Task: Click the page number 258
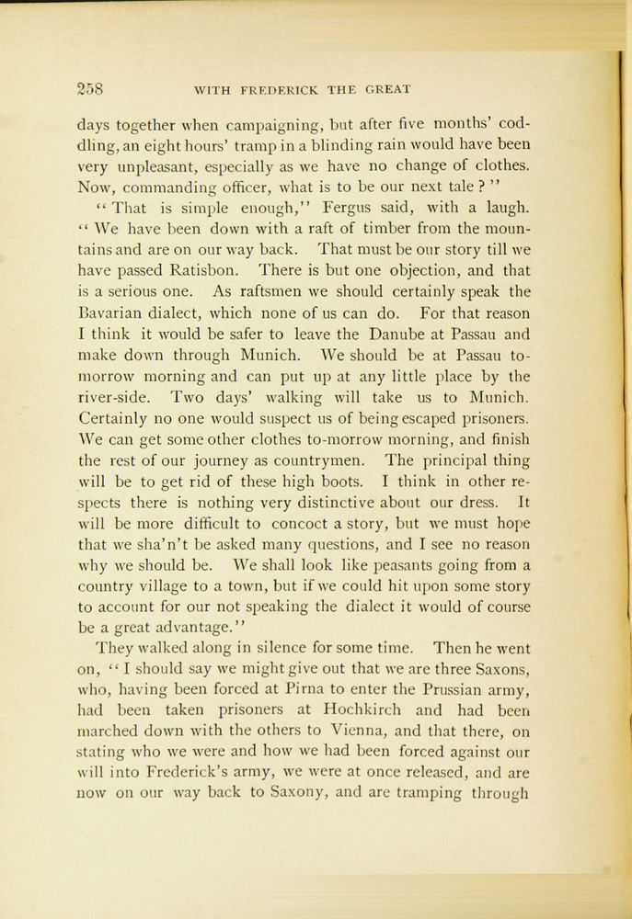91,90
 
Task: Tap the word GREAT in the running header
387,90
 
